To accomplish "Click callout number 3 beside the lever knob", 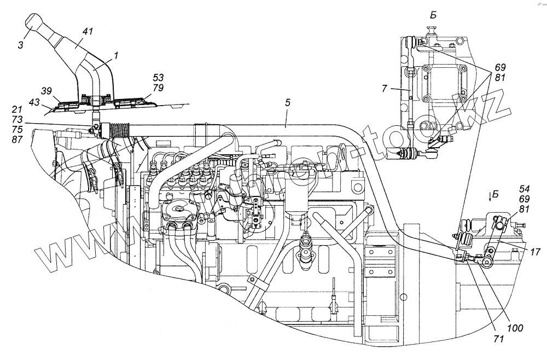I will [20, 45].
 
